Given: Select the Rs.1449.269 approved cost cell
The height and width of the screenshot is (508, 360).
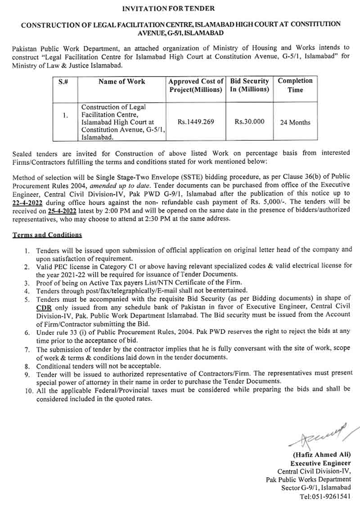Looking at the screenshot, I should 196,122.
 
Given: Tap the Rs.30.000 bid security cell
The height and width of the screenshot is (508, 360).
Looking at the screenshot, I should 250,122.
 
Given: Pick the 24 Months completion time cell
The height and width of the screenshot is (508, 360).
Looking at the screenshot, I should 295,122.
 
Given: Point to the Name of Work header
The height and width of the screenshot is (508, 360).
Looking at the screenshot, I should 121,82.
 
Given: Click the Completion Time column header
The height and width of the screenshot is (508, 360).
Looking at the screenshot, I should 295,85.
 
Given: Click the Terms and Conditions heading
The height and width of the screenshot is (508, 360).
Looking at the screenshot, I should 47,235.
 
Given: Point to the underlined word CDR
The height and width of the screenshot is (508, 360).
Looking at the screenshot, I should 44,306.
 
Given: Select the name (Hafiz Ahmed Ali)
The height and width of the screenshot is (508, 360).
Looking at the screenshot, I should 322,454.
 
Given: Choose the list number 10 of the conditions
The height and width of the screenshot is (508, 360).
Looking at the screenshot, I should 28,389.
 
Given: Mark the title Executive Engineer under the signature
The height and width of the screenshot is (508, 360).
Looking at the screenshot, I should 320,463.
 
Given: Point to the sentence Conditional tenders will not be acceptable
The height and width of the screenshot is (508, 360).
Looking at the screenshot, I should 99,366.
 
